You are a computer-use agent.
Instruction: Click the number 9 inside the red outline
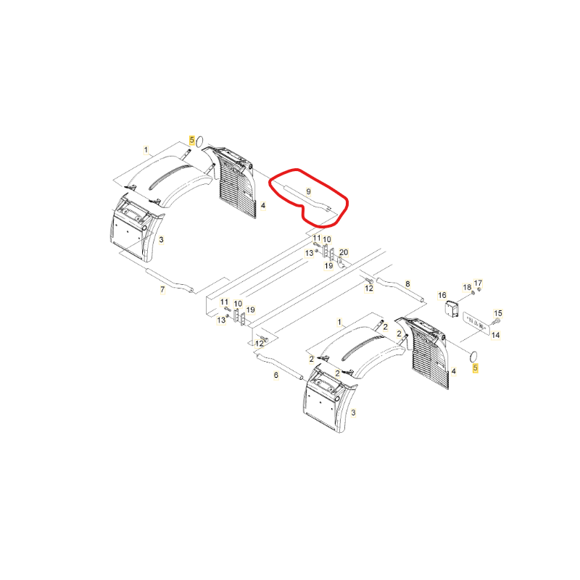[309, 191]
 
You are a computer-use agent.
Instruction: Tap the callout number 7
[162, 289]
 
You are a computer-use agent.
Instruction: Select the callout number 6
[276, 375]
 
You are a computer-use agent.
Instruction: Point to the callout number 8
[407, 283]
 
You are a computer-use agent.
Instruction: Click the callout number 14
[496, 335]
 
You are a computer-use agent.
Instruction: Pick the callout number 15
[498, 313]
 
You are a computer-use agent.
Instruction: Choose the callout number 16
[442, 295]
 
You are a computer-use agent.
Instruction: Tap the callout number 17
[478, 283]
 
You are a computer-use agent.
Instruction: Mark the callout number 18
[467, 287]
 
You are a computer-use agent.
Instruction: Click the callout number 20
[344, 252]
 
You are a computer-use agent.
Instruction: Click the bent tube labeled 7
[170, 281]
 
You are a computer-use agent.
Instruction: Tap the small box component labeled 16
[452, 309]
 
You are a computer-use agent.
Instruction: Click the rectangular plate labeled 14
[475, 323]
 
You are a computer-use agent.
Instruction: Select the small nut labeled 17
[479, 289]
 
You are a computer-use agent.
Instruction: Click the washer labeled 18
[473, 294]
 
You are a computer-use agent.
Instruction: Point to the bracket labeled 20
[341, 262]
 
